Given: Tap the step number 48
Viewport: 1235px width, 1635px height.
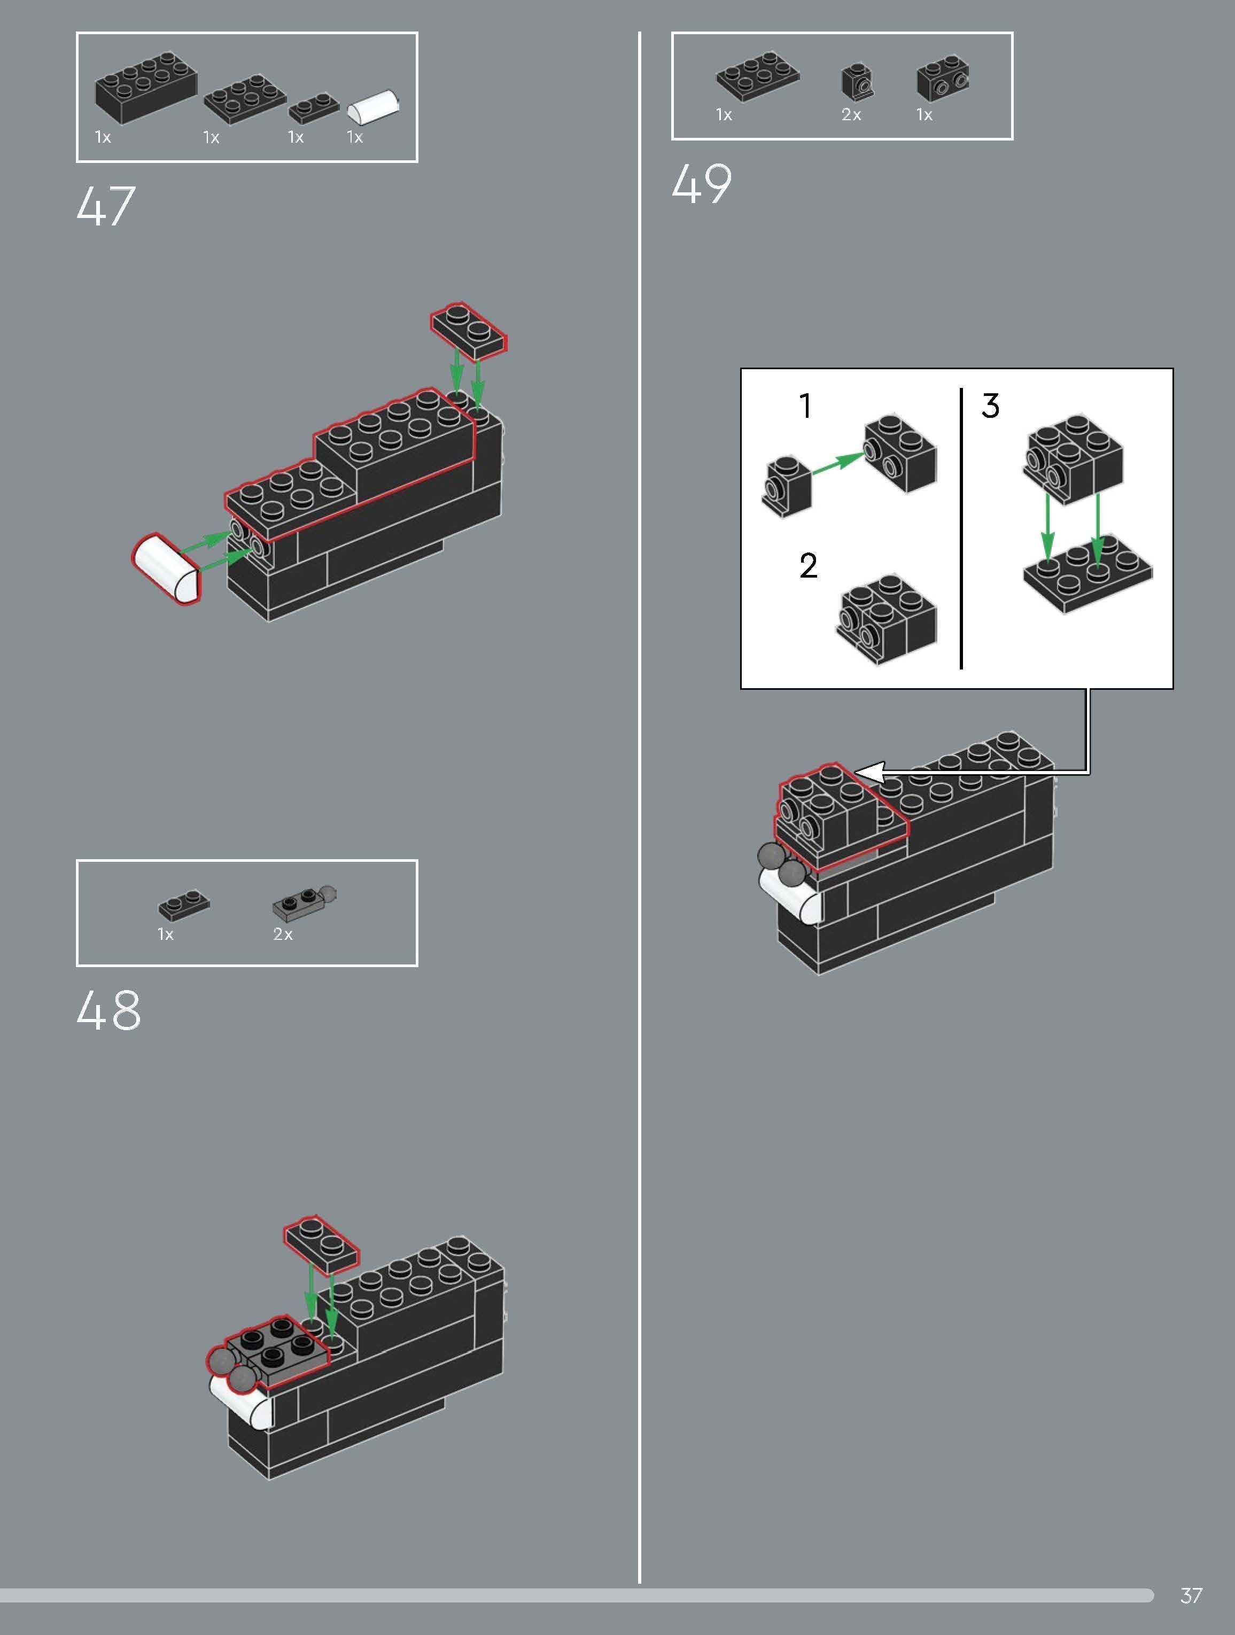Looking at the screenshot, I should click(x=108, y=1011).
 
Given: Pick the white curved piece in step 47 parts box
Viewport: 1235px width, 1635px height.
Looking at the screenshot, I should click(x=374, y=108).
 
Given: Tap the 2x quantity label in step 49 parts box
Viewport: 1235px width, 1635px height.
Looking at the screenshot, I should click(x=851, y=114).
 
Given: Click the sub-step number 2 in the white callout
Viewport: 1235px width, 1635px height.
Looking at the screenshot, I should click(x=808, y=566).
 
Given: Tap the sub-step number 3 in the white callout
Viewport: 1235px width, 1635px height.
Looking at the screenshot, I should click(x=990, y=406).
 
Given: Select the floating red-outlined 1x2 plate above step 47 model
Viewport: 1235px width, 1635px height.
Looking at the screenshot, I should click(x=469, y=330).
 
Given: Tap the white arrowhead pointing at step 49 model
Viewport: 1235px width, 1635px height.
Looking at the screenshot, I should click(x=870, y=773).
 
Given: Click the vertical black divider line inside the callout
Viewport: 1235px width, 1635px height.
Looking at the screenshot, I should click(x=961, y=528).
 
